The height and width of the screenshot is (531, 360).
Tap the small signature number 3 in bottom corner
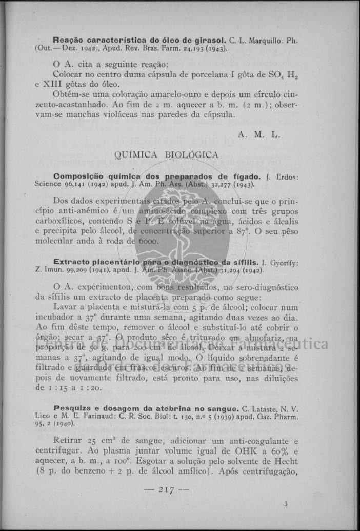point(286,505)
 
